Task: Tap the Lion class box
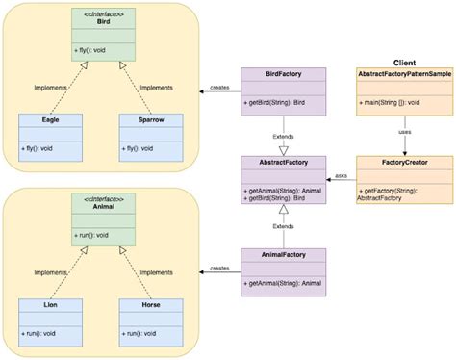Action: click(49, 320)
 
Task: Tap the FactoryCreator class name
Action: click(404, 164)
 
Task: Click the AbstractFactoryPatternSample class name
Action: click(404, 74)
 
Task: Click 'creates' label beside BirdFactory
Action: click(220, 88)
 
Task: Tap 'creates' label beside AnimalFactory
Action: click(220, 269)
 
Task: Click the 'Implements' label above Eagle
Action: click(50, 87)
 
